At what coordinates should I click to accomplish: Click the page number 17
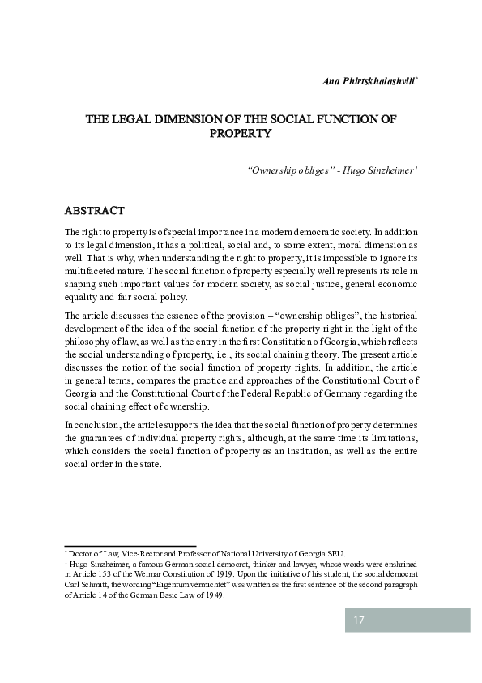(x=359, y=621)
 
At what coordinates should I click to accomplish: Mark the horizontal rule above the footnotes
(x=130, y=546)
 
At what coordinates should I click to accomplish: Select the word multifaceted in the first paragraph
(x=90, y=270)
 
